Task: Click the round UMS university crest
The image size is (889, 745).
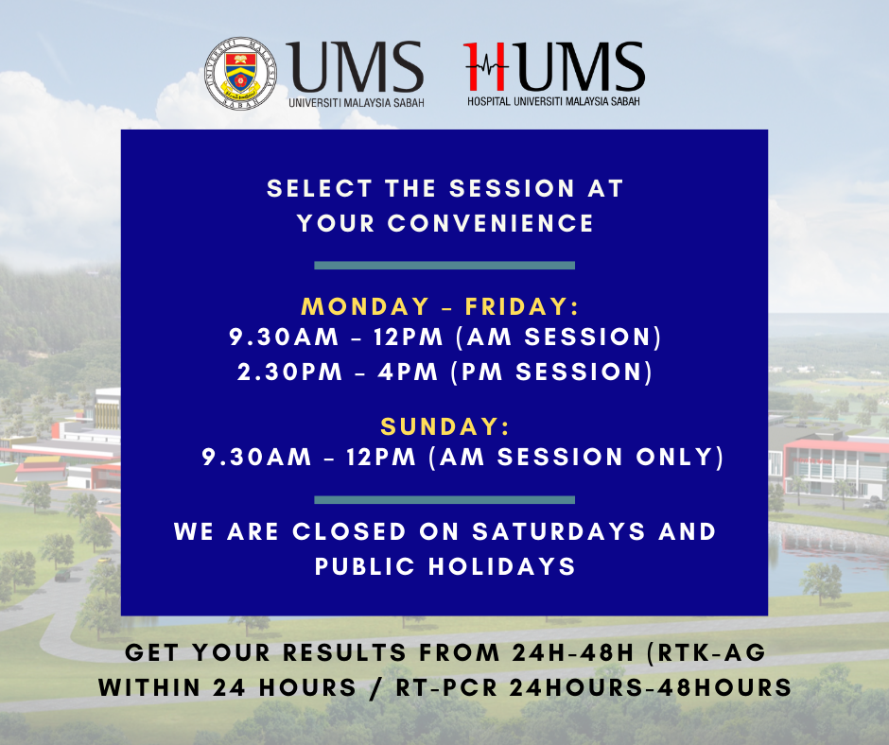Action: pyautogui.click(x=241, y=74)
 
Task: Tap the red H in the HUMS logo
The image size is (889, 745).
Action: pyautogui.click(x=485, y=66)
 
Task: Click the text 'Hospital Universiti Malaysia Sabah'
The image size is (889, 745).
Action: pyautogui.click(x=553, y=101)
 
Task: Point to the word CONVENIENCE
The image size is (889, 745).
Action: pyautogui.click(x=491, y=223)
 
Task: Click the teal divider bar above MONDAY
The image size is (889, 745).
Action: pyautogui.click(x=444, y=266)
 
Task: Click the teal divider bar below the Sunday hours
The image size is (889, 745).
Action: pyautogui.click(x=444, y=500)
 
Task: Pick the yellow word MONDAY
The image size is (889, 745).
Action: pyautogui.click(x=365, y=306)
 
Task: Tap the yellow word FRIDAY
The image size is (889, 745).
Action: pyautogui.click(x=522, y=306)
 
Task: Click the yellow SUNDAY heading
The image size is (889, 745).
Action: pyautogui.click(x=445, y=427)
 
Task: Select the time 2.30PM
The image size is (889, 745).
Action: pyautogui.click(x=289, y=372)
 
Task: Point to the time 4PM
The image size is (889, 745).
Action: pyautogui.click(x=409, y=372)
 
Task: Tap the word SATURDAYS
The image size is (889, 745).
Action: pyautogui.click(x=559, y=532)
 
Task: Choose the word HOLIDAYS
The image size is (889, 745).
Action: pyautogui.click(x=502, y=566)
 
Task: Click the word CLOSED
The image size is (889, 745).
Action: pyautogui.click(x=349, y=532)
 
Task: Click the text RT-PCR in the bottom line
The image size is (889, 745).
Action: pyautogui.click(x=446, y=687)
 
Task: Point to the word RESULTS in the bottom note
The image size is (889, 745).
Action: pyautogui.click(x=344, y=652)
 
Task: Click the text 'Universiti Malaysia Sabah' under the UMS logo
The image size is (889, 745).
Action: pyautogui.click(x=356, y=103)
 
